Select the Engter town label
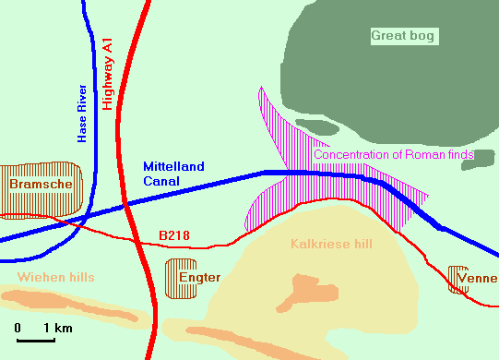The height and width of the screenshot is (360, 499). tap(199, 277)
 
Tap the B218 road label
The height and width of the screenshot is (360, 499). tap(174, 236)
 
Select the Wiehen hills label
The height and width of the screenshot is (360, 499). tap(55, 276)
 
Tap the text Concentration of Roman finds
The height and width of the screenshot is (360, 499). tap(394, 154)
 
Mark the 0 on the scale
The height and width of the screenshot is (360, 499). tap(18, 329)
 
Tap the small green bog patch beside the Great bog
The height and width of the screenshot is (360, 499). tap(316, 127)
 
